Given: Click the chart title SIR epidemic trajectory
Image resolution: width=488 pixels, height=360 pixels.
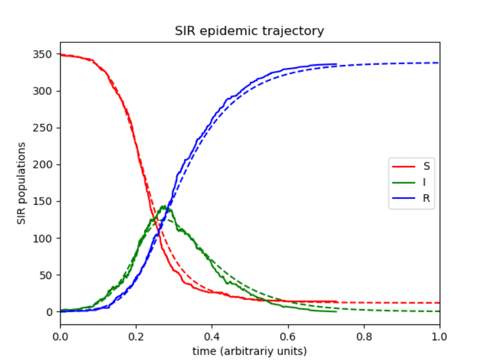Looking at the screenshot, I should click(249, 31).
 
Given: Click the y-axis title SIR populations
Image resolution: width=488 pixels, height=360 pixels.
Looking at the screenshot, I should click(21, 183).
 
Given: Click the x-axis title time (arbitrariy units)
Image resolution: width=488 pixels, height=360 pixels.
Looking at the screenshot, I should click(249, 351).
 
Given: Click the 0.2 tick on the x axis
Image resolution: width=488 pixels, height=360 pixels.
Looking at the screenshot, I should click(136, 336).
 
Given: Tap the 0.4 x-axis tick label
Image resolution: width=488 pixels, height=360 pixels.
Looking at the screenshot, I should click(212, 336).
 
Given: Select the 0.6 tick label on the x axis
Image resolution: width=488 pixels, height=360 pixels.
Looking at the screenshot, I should click(288, 336).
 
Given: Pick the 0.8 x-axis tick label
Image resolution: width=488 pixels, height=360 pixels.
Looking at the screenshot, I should click(364, 336).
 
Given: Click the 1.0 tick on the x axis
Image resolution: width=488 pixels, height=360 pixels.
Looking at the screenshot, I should click(439, 336).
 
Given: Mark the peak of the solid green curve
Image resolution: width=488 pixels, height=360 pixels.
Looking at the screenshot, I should click(164, 206).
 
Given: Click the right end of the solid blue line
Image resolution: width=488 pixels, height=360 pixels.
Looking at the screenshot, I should click(337, 64).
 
